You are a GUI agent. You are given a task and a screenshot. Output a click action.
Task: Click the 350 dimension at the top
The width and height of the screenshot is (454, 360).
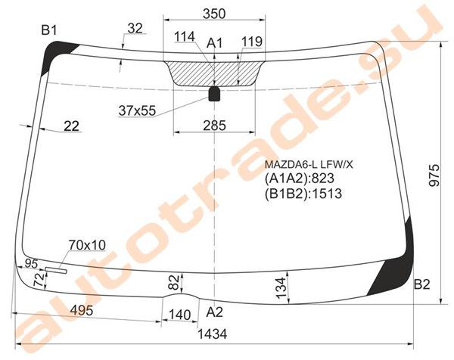(x=214, y=14)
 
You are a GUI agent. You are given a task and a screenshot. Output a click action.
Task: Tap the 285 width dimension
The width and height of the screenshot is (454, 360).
(x=214, y=126)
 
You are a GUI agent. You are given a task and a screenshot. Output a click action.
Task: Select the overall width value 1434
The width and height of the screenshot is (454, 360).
(x=212, y=334)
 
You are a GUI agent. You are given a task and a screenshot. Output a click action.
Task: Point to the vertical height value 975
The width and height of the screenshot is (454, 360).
(x=434, y=175)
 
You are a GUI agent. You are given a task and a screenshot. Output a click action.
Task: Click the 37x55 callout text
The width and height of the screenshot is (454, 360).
(x=137, y=110)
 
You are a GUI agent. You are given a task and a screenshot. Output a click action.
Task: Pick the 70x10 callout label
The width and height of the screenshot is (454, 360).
(x=87, y=245)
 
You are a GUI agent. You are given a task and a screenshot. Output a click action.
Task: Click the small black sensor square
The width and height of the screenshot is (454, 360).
(x=214, y=94)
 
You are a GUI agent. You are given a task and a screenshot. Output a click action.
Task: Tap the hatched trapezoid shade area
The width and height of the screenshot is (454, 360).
(x=214, y=73)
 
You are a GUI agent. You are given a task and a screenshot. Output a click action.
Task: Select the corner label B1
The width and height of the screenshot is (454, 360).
(x=49, y=29)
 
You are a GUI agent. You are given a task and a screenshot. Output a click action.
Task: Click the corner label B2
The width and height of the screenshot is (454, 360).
(x=422, y=284)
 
